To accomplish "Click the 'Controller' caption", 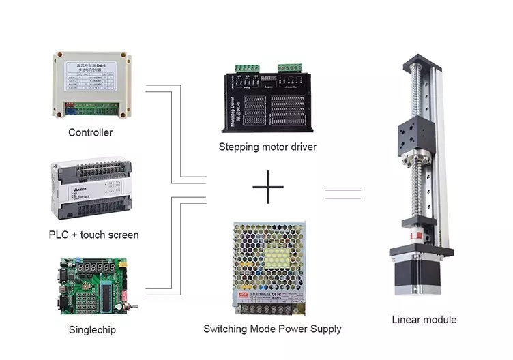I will [90, 132].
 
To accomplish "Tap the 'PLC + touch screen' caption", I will [93, 235].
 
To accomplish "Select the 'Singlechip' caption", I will [92, 330].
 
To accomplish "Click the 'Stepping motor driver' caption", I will [267, 147].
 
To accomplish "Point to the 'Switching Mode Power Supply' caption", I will [272, 329].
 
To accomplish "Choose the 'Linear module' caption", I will [424, 319].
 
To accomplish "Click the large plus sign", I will [267, 187].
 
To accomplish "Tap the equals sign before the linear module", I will [342, 193].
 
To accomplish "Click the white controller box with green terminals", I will [92, 85].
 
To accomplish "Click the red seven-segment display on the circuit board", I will [94, 269].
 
